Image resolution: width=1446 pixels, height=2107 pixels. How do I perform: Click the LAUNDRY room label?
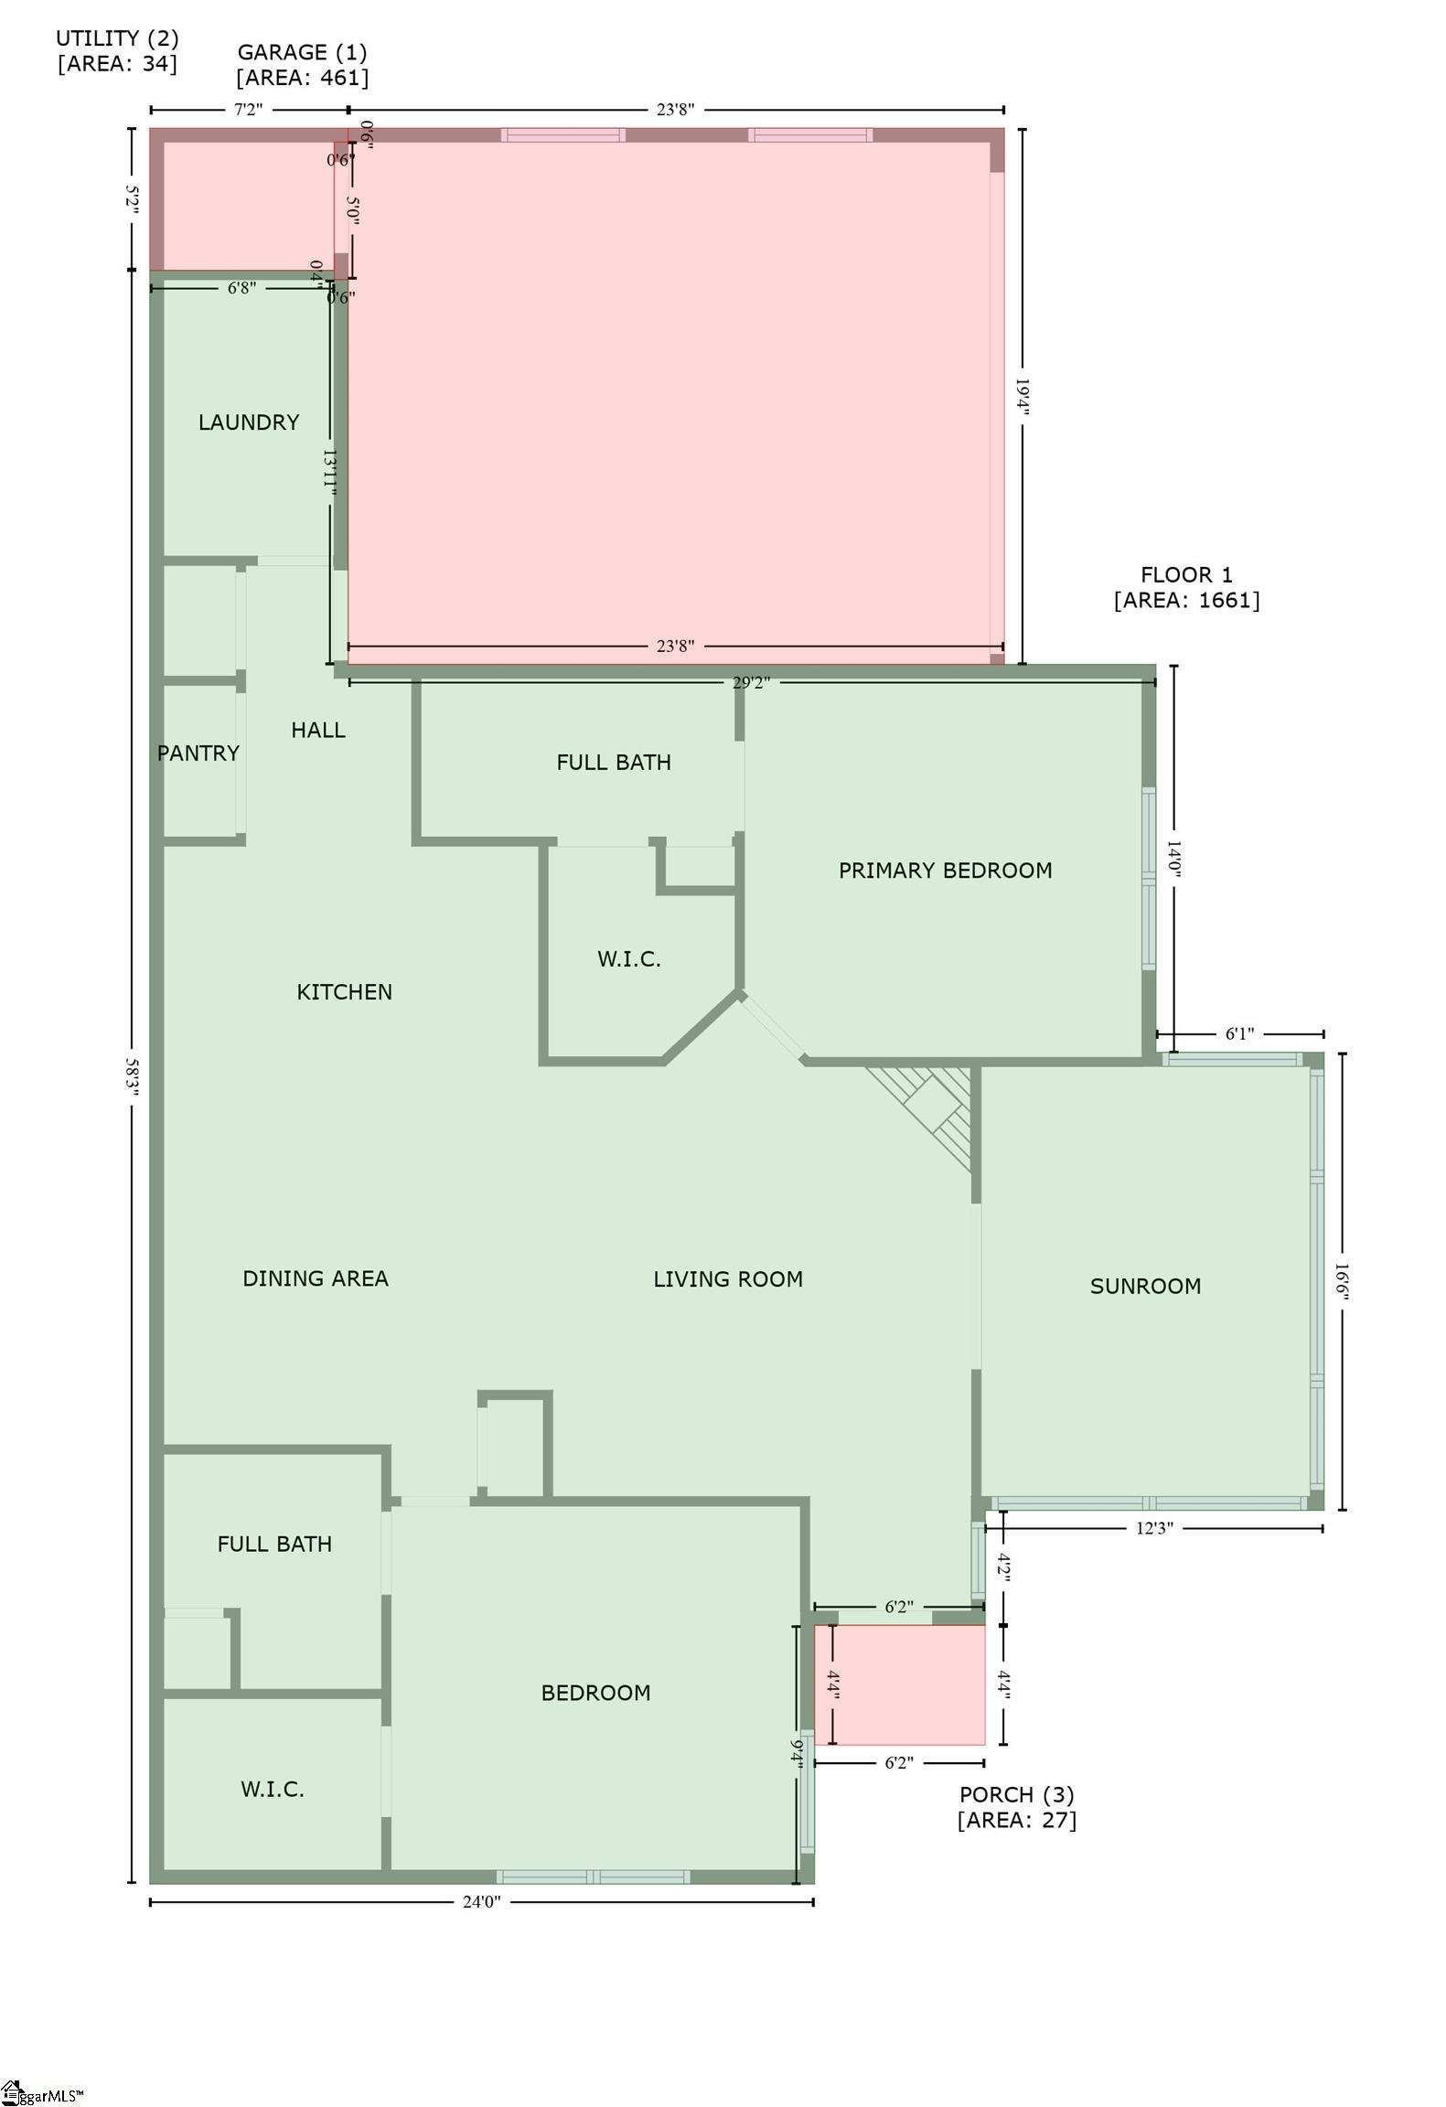(x=249, y=422)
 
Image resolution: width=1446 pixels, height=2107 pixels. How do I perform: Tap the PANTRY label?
(x=198, y=754)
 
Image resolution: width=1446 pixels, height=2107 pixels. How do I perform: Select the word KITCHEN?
(x=344, y=992)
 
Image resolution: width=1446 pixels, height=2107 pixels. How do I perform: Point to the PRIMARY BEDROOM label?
(x=945, y=871)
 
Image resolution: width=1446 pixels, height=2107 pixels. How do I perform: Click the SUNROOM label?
(x=1145, y=1287)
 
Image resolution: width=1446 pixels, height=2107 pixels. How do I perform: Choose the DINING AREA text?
(x=315, y=1278)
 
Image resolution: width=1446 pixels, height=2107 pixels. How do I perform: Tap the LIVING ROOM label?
(x=728, y=1279)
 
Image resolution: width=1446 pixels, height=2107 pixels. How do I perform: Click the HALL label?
(x=317, y=730)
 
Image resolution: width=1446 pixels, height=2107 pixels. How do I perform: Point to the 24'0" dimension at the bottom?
(x=481, y=1902)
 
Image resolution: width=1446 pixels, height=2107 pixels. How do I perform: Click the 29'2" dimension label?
(x=751, y=682)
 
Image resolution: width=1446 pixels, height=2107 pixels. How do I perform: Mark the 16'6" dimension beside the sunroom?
(x=1342, y=1280)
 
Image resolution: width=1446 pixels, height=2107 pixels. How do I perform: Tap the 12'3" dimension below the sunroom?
(x=1154, y=1528)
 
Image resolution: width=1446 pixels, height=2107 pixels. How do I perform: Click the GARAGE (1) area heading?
(x=302, y=65)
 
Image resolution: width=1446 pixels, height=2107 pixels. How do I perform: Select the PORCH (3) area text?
(x=1016, y=1807)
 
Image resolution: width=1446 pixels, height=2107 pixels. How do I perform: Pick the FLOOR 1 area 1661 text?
(x=1186, y=588)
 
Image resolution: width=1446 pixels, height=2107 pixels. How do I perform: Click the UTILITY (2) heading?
(x=117, y=50)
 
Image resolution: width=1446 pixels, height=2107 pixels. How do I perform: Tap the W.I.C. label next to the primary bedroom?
(x=628, y=959)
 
